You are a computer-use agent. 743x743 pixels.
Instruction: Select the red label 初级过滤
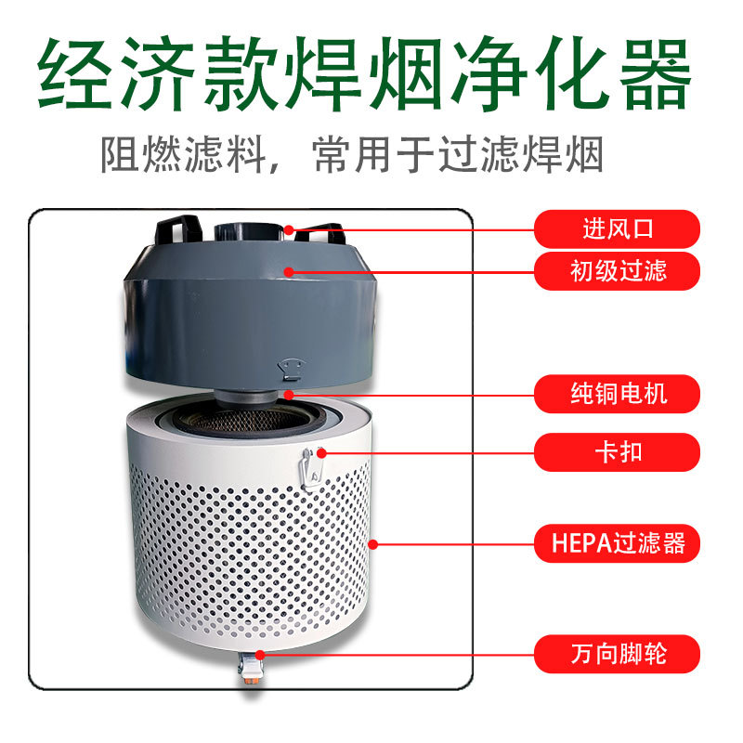[x=617, y=271]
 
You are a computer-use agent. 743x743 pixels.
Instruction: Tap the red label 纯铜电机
[x=617, y=394]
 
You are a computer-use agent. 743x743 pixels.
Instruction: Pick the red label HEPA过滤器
[x=617, y=543]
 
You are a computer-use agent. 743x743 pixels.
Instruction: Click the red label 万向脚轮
[x=617, y=655]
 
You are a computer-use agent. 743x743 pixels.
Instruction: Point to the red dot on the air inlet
[x=290, y=228]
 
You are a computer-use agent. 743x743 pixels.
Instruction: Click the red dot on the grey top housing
[x=290, y=272]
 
